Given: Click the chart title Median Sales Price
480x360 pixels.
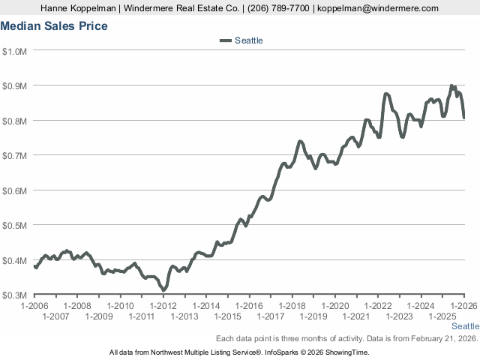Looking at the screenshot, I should (x=54, y=26).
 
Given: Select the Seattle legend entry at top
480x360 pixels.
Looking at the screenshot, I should (x=248, y=40).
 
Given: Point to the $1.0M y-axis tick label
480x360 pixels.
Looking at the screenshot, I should (x=15, y=51).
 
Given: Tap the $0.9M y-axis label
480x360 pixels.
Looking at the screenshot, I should (x=15, y=85).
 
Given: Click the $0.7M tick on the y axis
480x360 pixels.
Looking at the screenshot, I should (x=15, y=155).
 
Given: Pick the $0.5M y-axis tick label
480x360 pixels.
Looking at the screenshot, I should (x=15, y=225).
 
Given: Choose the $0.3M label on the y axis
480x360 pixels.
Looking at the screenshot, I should (x=15, y=295).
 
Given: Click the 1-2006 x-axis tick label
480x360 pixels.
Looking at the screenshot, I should (x=34, y=306).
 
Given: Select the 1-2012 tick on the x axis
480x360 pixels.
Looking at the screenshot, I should (x=163, y=306).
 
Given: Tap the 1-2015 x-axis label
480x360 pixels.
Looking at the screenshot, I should (x=228, y=316).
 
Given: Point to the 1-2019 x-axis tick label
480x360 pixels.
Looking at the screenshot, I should (x=313, y=316).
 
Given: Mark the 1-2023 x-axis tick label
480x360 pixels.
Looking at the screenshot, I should (x=400, y=316).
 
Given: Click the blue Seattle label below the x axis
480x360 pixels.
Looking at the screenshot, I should (x=465, y=327).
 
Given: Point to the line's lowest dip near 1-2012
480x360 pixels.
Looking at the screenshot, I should (x=163, y=289).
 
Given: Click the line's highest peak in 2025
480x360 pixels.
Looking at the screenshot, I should (x=451, y=86).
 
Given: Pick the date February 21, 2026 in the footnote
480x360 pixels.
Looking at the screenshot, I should (x=444, y=338).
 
